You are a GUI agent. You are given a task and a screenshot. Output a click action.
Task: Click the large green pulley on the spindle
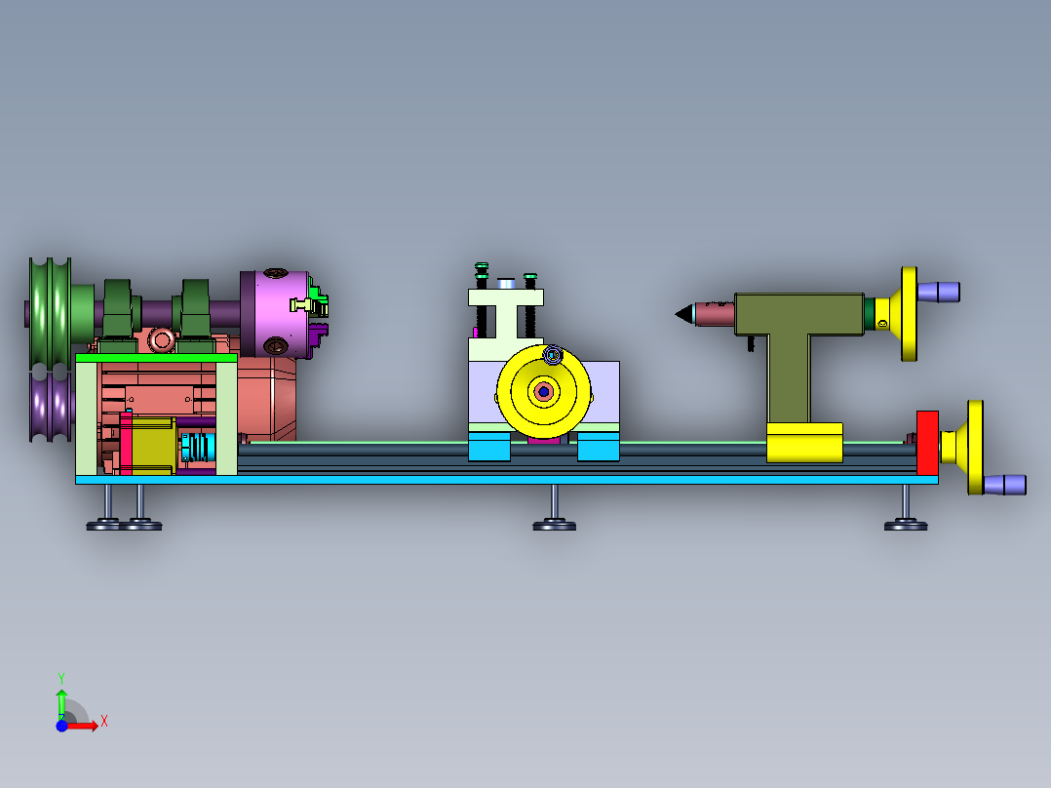(50, 312)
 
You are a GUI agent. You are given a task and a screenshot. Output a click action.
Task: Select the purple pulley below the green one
(51, 407)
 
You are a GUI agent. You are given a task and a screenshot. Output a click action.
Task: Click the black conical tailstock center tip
(684, 314)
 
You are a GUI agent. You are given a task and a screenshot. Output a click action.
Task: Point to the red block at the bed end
(927, 443)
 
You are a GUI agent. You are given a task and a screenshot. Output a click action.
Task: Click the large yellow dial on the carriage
(544, 392)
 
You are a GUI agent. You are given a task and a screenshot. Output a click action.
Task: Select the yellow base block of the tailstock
(804, 443)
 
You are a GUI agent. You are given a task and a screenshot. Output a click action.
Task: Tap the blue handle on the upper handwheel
(938, 293)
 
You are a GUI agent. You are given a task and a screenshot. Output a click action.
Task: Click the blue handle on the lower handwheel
(1005, 485)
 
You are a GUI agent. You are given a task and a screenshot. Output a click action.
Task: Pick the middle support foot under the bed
(555, 508)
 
